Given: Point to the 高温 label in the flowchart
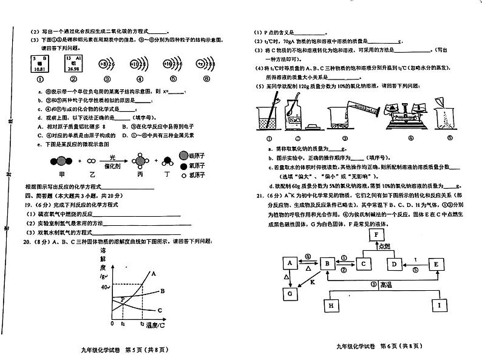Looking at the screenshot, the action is click(386, 284).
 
